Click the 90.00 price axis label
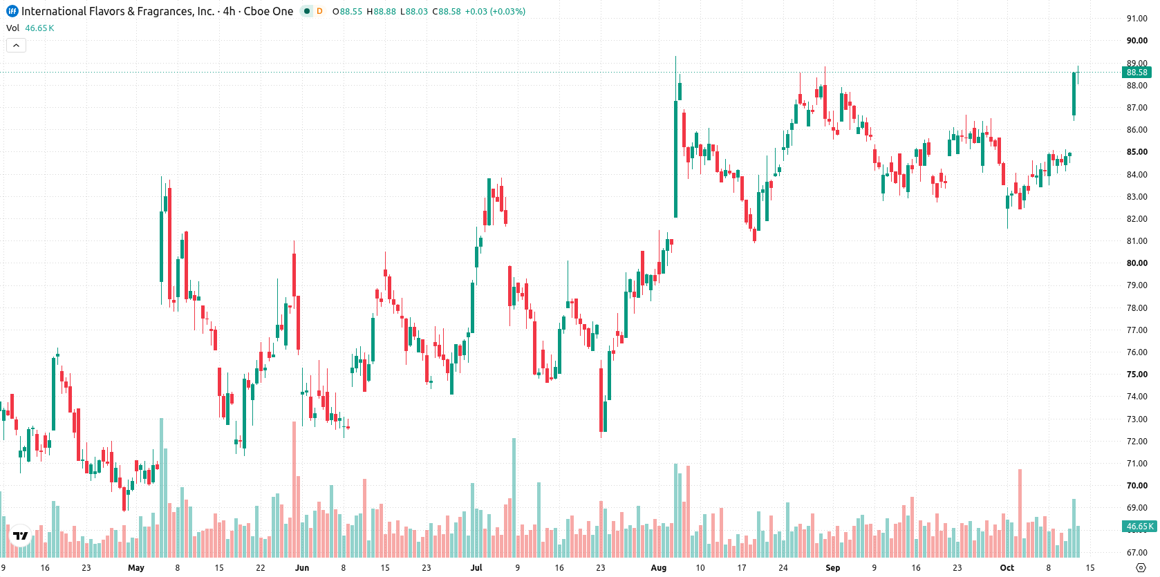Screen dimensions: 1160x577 pos(1136,41)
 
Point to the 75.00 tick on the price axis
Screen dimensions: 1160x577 pos(1136,375)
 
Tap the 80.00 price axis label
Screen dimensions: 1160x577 pos(1136,263)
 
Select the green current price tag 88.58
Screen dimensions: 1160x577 pos(1136,73)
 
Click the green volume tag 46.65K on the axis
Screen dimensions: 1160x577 pos(1139,527)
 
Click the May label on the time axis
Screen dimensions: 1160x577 pos(136,568)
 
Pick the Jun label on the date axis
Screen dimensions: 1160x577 pos(302,568)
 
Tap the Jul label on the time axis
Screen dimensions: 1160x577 pos(476,568)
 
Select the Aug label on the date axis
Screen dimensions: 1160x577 pos(659,568)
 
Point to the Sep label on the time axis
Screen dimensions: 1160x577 pos(833,568)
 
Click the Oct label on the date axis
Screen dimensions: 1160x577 pos(1007,568)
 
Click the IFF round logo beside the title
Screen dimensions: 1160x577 pos(12,11)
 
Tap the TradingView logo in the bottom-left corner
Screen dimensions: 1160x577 pos(21,536)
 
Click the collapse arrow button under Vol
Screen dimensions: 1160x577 pos(16,46)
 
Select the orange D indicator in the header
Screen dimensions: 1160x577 pos(319,11)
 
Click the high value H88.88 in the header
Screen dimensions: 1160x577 pos(381,11)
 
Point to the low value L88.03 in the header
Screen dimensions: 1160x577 pos(414,11)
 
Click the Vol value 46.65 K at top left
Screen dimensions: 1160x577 pos(39,28)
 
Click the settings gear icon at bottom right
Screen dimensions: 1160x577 pos(1141,568)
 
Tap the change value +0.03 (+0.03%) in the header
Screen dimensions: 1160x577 pos(495,11)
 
